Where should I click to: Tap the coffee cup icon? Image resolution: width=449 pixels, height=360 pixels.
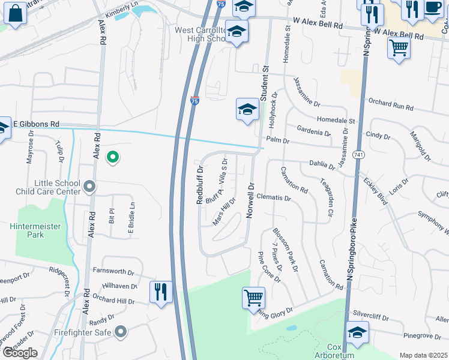(433, 7)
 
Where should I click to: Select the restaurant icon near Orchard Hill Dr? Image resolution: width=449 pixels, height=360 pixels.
(160, 293)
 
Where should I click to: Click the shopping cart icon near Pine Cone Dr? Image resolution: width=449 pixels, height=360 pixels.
(254, 298)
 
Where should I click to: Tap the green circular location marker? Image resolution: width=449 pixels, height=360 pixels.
(112, 157)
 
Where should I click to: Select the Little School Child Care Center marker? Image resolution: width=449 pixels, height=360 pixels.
(89, 187)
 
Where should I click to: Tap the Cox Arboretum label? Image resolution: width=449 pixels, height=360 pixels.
(334, 350)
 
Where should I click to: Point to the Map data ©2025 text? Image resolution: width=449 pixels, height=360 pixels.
(423, 355)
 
